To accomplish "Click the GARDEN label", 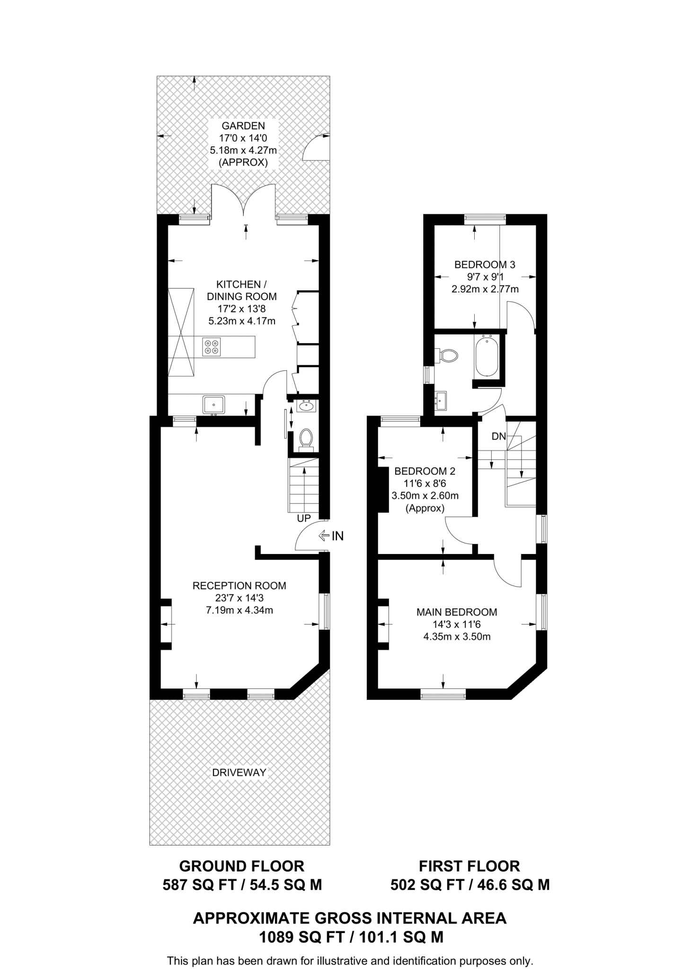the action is (243, 126).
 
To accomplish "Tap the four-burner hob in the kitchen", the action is (212, 346).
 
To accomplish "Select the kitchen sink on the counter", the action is (214, 405).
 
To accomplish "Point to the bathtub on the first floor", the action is (486, 356).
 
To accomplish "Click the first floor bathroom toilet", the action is (447, 355).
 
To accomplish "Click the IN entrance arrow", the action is (324, 536).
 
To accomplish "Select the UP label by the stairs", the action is (304, 518).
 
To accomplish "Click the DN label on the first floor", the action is (499, 436).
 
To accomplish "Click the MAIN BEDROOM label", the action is (457, 612).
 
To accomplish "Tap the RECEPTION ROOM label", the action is (239, 585).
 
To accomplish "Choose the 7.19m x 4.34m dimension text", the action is (239, 610).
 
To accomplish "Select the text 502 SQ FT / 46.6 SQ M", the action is (470, 884).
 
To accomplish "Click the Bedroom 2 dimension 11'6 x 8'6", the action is (425, 484).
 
